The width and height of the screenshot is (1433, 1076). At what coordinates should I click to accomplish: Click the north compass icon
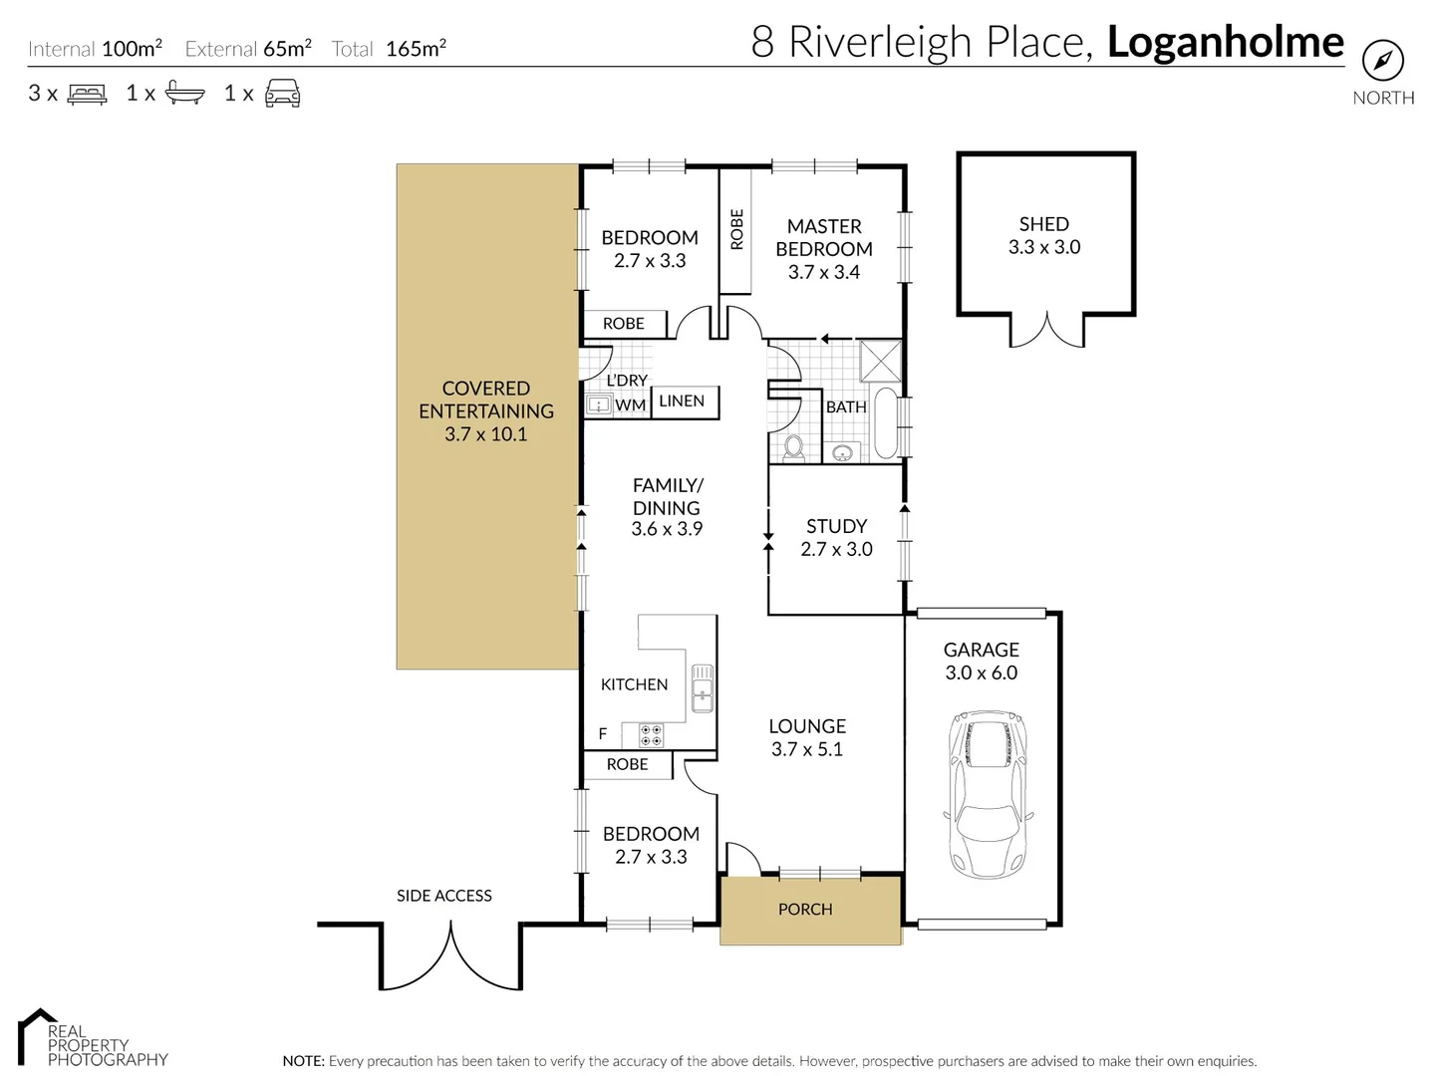(x=1382, y=61)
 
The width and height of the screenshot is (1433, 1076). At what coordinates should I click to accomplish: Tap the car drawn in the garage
(x=985, y=794)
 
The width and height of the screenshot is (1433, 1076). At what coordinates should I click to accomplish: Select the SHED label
(x=1043, y=224)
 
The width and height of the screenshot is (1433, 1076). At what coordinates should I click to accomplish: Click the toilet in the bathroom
(x=794, y=447)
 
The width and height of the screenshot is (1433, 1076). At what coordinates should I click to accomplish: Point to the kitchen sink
(x=702, y=686)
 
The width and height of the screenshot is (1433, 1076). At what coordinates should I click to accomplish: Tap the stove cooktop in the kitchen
(x=651, y=735)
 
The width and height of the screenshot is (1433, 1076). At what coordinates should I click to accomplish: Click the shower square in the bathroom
(x=880, y=361)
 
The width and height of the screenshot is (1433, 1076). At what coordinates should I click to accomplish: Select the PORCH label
(x=804, y=909)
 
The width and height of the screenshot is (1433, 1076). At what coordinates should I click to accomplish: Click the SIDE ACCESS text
(x=443, y=896)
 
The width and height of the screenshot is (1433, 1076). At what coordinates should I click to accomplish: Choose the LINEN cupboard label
(x=682, y=401)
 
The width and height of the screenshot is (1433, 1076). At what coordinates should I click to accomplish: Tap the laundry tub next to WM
(x=598, y=404)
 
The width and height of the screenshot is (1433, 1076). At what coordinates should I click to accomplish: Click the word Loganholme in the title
(x=1225, y=42)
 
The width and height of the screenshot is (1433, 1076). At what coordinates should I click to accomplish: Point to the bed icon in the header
(x=87, y=95)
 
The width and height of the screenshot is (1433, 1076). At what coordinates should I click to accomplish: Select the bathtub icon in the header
(x=184, y=94)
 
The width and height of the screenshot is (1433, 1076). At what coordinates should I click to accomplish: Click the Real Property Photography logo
(x=92, y=1038)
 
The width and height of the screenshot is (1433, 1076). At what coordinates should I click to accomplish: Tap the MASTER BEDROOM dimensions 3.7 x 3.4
(x=823, y=272)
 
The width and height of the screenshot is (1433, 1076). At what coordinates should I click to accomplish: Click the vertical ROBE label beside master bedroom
(x=736, y=229)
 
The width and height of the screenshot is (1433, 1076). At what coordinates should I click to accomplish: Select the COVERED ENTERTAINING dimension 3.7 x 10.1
(x=485, y=434)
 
